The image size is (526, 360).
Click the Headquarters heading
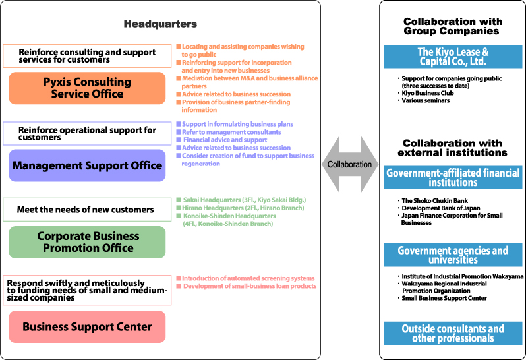[160, 24]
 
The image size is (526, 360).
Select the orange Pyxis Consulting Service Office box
[87, 88]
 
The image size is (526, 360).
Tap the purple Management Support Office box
[87, 165]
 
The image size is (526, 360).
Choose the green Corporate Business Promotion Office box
[87, 242]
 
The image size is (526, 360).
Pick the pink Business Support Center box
[87, 327]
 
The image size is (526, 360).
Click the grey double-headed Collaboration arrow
[350, 164]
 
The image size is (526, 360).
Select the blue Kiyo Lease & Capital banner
[453, 57]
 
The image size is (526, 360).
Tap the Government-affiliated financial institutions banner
[453, 177]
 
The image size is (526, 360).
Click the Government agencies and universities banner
[453, 255]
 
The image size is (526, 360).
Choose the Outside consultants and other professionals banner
[453, 333]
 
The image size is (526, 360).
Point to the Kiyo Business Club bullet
[426, 93]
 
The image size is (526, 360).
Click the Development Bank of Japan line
[439, 208]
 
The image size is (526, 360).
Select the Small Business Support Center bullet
[442, 298]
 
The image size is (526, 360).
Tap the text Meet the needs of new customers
[85, 210]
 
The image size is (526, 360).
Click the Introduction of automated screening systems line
[246, 278]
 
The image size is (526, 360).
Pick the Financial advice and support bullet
[221, 140]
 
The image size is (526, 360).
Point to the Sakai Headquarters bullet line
[241, 200]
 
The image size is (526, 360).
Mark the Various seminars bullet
[424, 100]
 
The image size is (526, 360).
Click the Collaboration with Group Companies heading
[453, 26]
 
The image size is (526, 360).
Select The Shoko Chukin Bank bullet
[433, 200]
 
